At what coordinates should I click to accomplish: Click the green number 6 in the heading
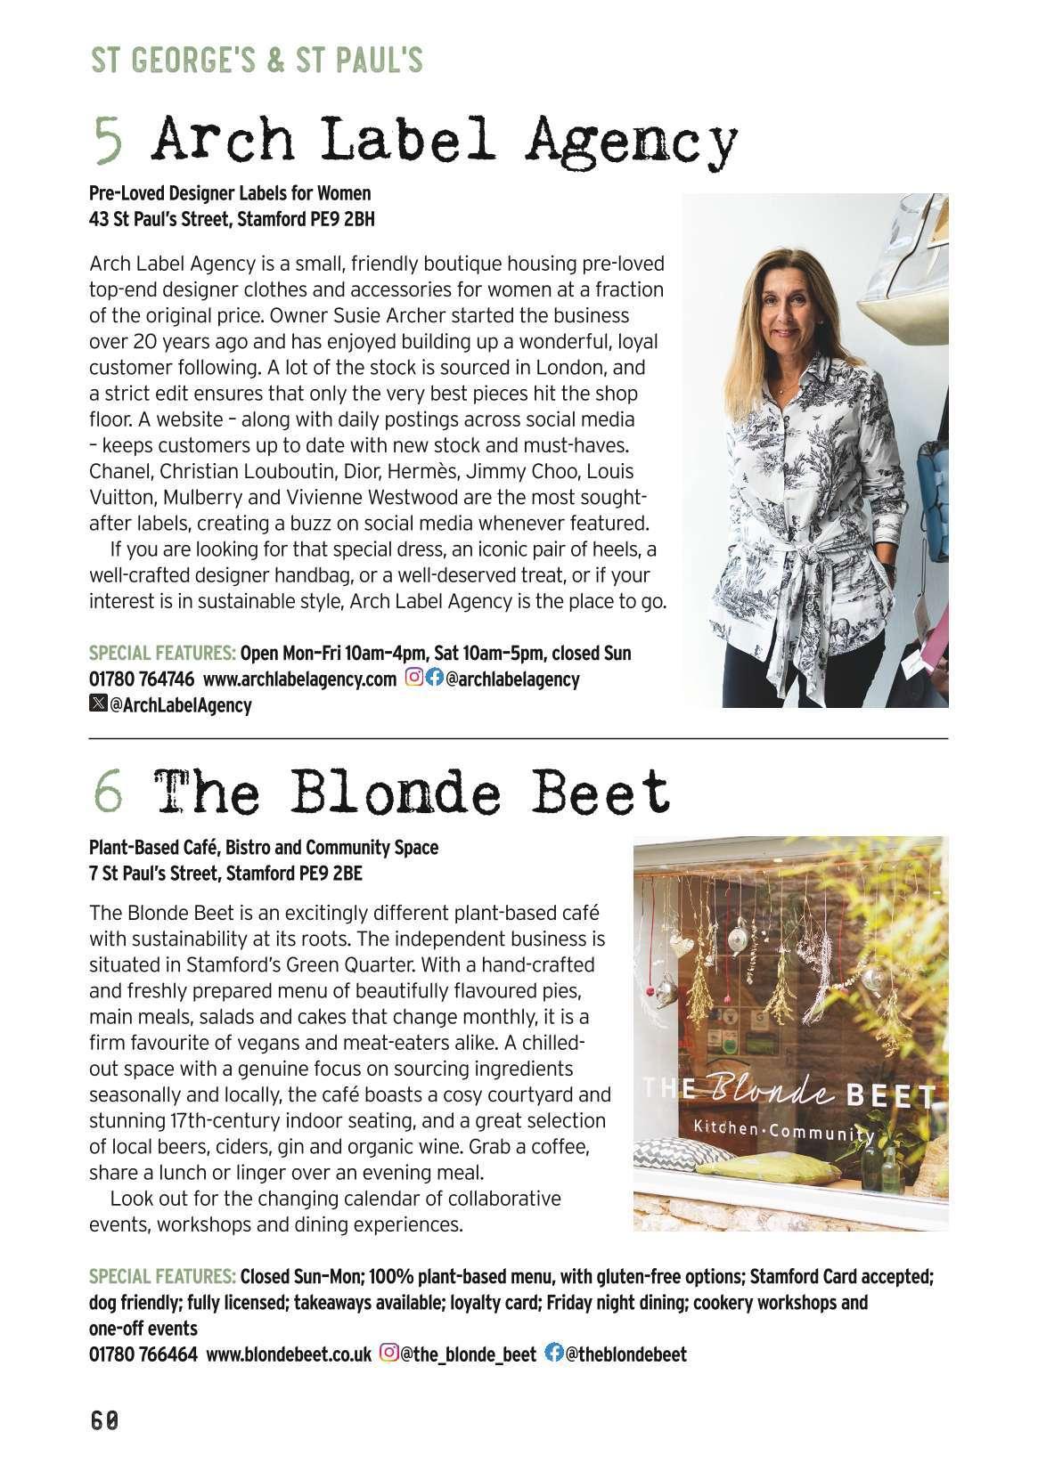108,792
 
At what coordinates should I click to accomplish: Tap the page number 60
104,1420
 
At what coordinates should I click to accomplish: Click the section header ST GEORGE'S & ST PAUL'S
257,61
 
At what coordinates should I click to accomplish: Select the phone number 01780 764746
142,679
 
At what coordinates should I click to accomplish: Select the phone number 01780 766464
143,1354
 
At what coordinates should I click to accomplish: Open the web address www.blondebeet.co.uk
289,1354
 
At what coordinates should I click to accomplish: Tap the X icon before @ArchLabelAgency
98,704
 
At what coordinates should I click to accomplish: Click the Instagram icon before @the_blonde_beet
389,1354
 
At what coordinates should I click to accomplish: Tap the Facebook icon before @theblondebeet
553,1354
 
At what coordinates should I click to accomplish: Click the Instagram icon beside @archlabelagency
414,679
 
